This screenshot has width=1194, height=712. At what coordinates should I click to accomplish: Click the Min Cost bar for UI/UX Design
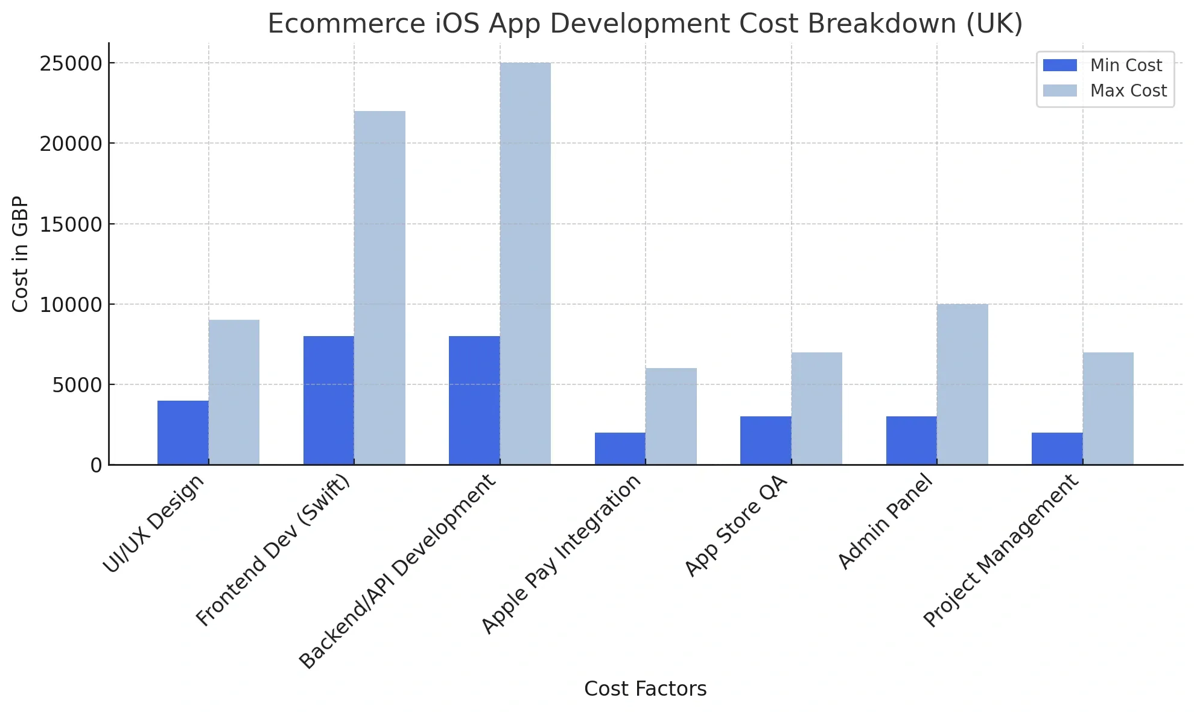183,433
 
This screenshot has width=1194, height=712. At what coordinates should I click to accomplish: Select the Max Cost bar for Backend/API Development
525,264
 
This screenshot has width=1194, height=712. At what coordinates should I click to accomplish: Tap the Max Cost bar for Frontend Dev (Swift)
379,288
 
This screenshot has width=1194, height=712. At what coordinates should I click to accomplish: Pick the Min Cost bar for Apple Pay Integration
620,448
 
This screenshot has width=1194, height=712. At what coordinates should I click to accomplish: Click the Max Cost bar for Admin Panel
962,384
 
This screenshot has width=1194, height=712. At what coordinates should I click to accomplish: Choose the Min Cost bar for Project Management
1056,448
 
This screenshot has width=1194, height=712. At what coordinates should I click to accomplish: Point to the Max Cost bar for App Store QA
816,408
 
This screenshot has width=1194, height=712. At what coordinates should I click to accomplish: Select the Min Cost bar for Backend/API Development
474,400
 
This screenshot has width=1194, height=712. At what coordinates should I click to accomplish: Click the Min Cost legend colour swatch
1059,65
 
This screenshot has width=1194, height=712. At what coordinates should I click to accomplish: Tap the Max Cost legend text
1128,91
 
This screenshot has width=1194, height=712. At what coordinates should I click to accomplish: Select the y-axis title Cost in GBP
21,254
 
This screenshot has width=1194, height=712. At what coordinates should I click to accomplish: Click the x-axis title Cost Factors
645,688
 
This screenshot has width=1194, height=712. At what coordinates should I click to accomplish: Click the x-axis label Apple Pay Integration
560,555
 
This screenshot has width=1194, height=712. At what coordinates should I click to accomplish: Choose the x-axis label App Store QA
736,526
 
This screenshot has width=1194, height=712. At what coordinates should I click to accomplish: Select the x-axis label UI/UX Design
154,524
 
